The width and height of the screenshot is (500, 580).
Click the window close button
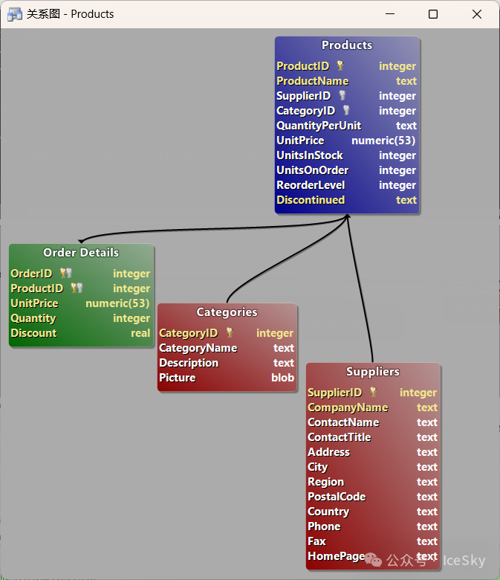(477, 14)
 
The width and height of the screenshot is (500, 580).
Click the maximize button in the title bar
(433, 14)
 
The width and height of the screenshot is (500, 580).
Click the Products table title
(347, 45)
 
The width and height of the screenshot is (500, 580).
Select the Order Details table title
(81, 253)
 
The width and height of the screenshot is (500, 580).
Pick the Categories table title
(227, 312)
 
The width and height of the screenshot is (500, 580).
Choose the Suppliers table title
(373, 372)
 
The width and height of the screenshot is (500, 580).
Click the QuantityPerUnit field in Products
(319, 126)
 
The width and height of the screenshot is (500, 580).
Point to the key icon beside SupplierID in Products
(342, 96)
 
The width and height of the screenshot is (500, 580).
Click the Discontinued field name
(311, 200)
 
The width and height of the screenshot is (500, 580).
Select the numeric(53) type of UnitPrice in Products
(383, 141)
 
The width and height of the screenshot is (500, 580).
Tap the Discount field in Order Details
(33, 333)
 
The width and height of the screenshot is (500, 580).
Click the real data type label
(140, 333)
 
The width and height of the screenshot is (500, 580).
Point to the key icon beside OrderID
(65, 274)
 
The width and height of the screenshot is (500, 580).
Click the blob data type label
(282, 378)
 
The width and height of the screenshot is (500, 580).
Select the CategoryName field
(198, 348)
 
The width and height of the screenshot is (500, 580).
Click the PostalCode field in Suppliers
(337, 497)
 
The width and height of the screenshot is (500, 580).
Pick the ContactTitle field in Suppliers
(339, 437)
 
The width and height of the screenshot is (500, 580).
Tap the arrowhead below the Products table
(348, 216)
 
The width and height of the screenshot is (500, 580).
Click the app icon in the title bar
(14, 14)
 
